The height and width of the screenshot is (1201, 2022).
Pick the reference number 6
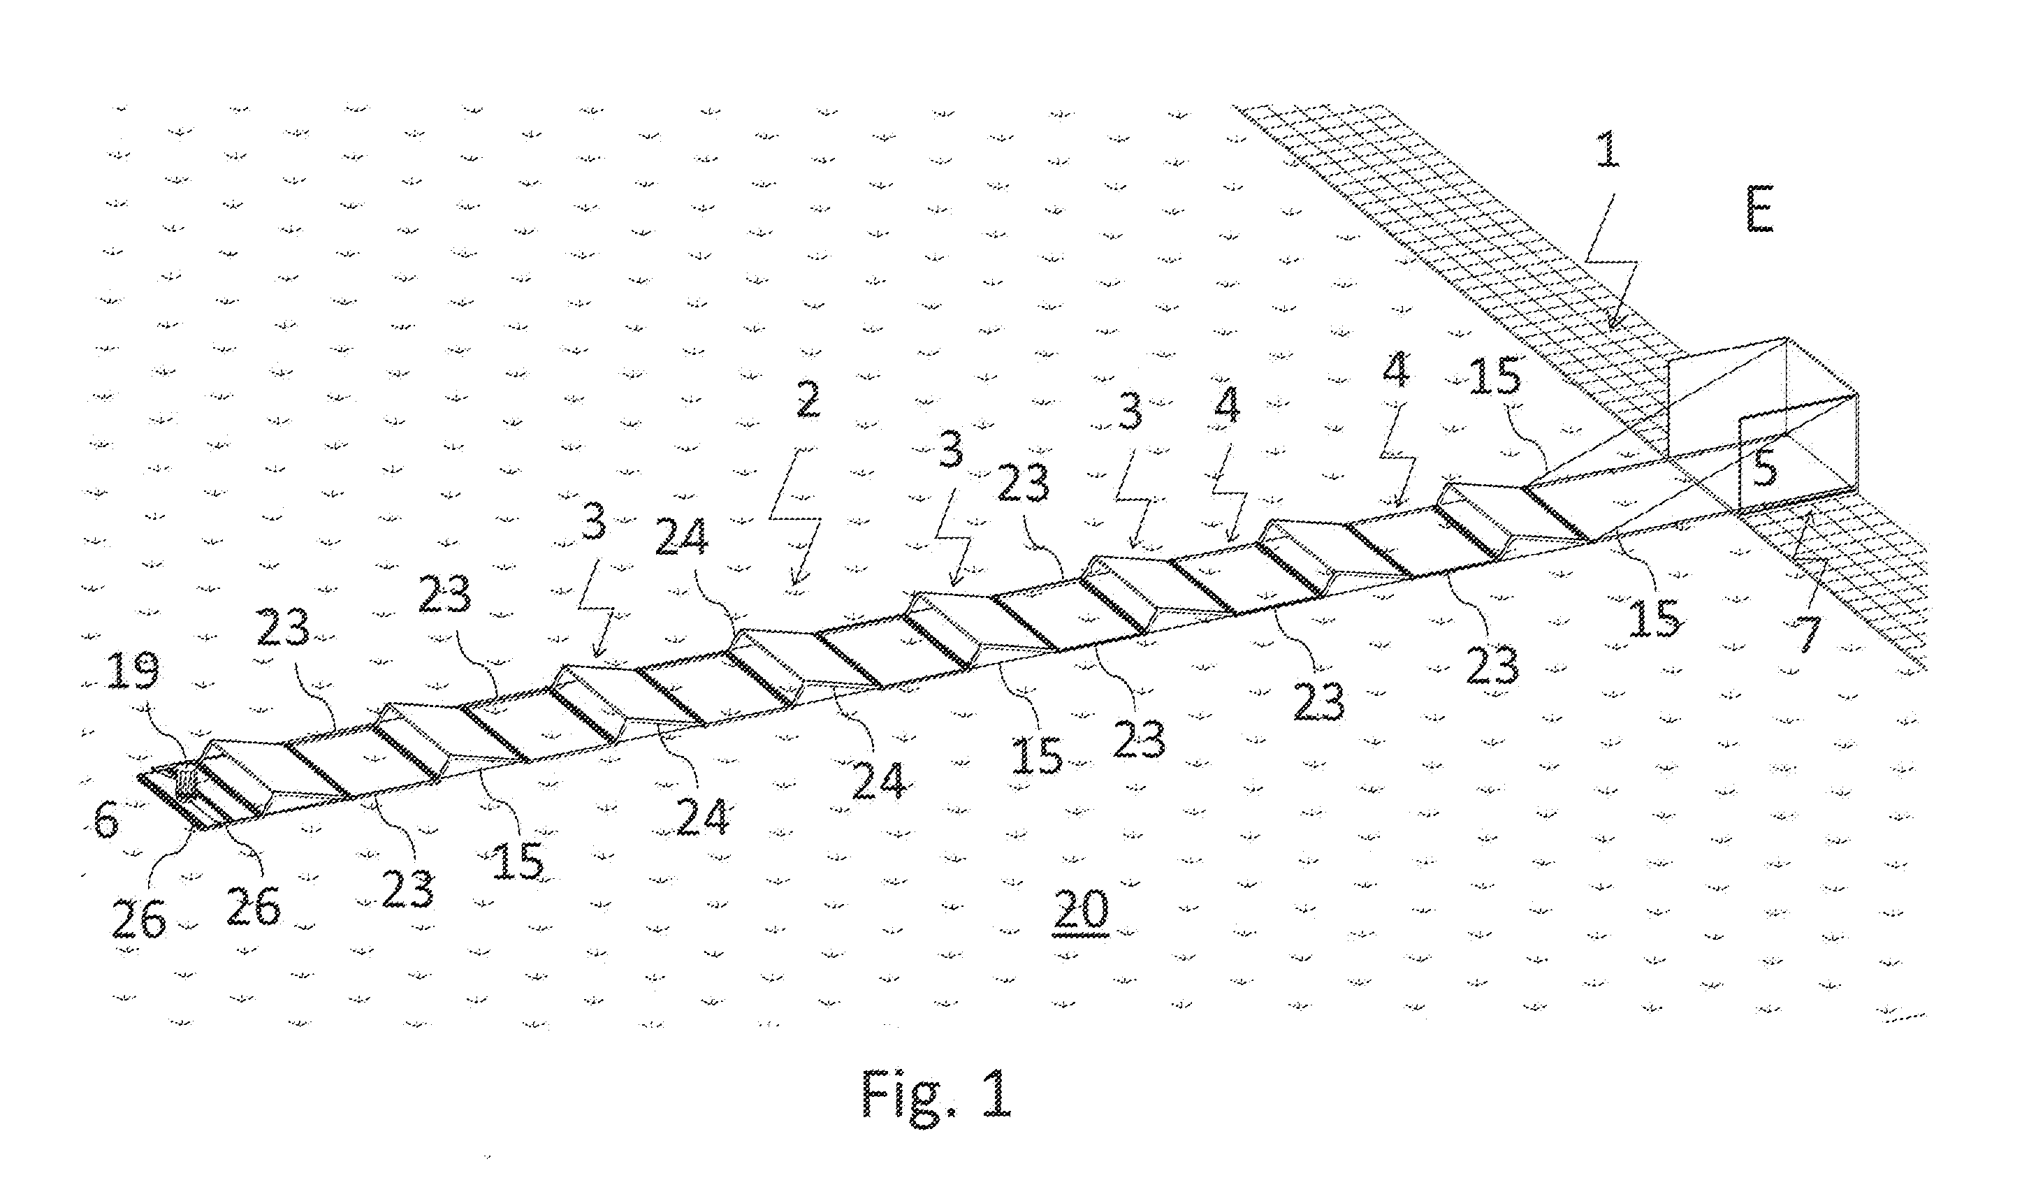point(106,821)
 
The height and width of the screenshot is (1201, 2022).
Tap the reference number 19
point(133,669)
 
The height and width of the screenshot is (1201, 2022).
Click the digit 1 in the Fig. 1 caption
point(998,1093)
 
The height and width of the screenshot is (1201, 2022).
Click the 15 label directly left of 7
point(1655,617)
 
